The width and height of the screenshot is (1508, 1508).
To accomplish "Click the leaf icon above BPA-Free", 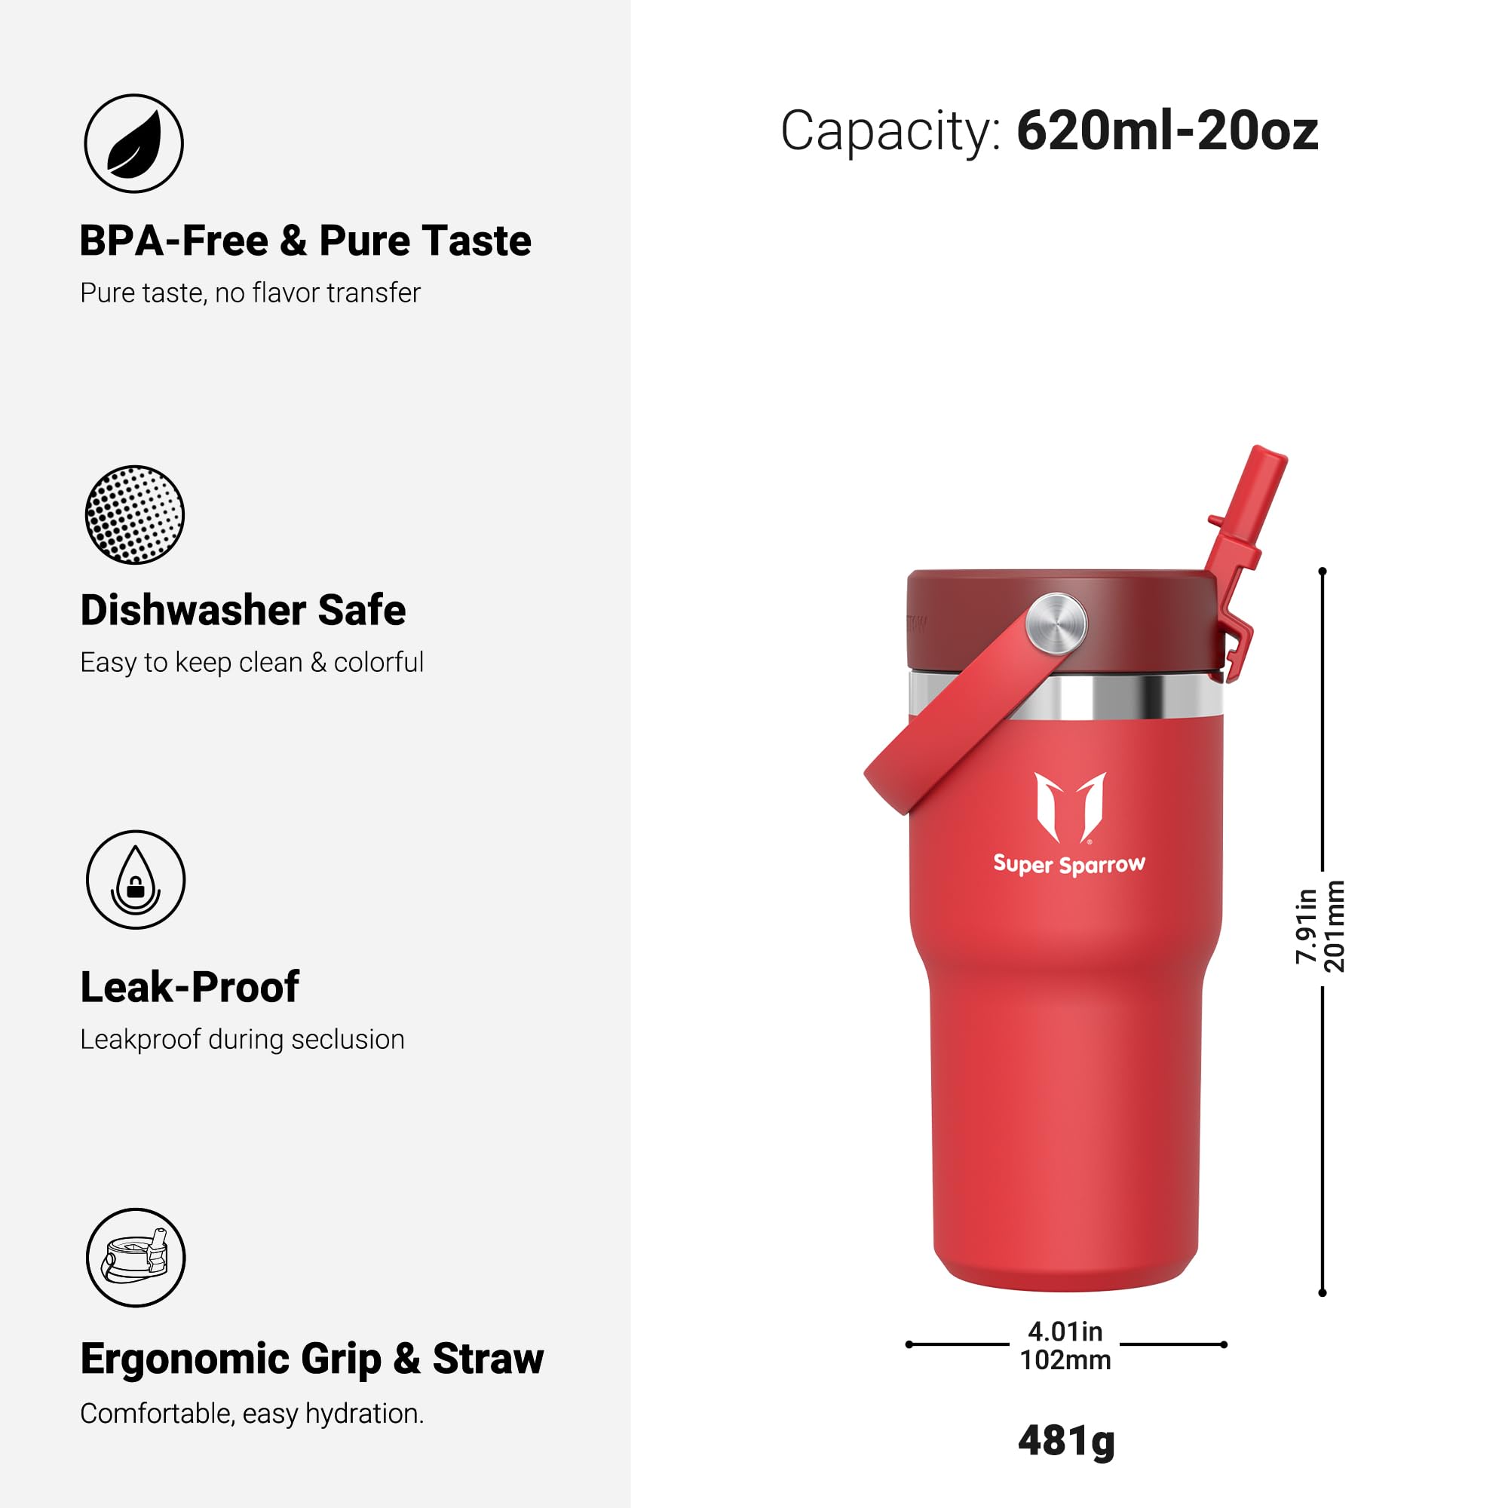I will [x=133, y=143].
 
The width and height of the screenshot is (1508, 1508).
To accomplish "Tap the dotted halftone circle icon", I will [x=134, y=515].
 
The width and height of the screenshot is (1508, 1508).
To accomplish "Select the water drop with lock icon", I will [x=135, y=880].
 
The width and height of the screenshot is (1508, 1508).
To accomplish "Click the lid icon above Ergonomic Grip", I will [x=136, y=1258].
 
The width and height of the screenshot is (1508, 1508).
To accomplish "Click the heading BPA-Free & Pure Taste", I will [x=305, y=241].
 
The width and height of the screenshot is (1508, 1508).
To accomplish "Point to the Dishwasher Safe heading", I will [x=243, y=611].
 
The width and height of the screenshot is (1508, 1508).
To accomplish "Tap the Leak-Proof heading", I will [x=190, y=988].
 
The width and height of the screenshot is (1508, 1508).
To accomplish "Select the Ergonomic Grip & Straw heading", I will [x=311, y=1359].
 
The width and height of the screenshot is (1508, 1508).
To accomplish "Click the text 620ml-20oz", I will [x=1167, y=130].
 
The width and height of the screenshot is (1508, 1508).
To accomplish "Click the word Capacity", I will [x=889, y=130].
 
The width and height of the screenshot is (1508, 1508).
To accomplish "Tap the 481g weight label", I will [x=1066, y=1441].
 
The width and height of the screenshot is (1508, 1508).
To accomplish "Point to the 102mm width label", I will [x=1065, y=1360].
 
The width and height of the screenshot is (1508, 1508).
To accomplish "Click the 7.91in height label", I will [x=1306, y=926].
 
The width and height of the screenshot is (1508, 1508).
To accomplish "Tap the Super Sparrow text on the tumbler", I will [x=1068, y=865].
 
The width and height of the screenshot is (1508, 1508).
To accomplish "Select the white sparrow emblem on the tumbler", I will [x=1070, y=808].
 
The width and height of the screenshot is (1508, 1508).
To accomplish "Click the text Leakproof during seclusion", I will [x=242, y=1040].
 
